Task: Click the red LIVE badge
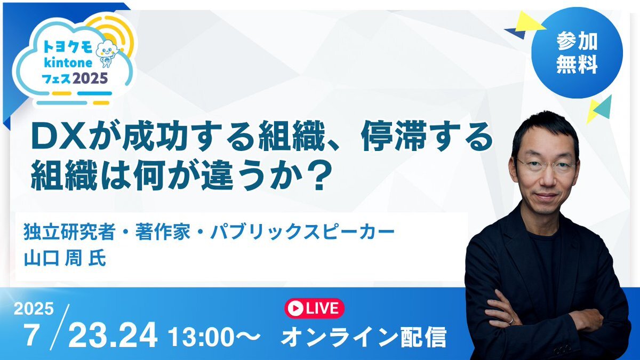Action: coord(314,308)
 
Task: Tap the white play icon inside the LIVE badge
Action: coord(295,308)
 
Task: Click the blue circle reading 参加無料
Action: coord(577,53)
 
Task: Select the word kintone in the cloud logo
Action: coord(68,63)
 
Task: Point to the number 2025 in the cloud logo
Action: coord(90,78)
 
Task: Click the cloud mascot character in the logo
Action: coord(107,53)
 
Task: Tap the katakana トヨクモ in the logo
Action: coord(68,47)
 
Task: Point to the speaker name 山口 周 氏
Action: coord(65,258)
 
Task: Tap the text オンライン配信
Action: coord(363,337)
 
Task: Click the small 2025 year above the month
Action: coord(34,309)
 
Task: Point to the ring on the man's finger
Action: coord(511,321)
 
